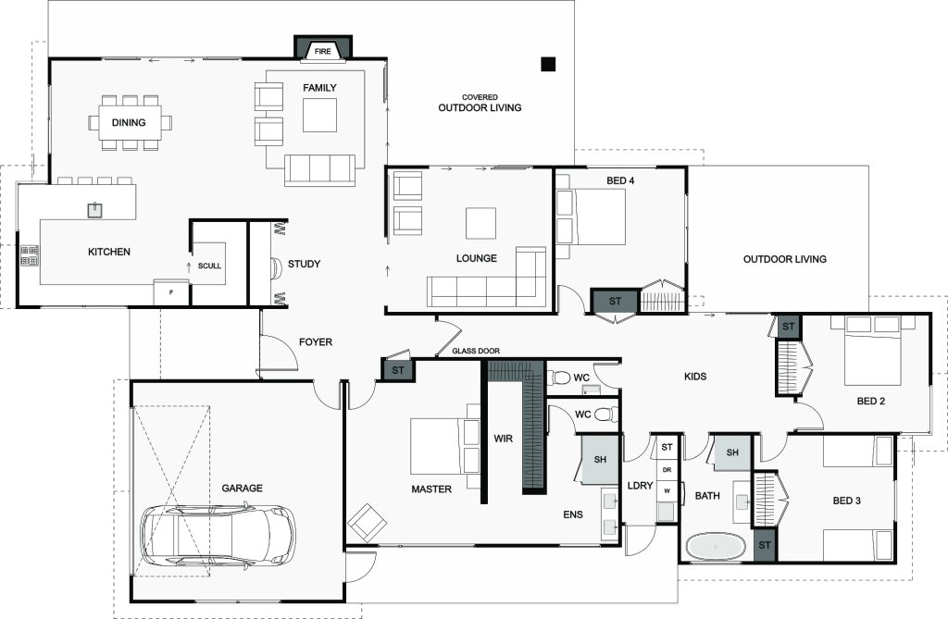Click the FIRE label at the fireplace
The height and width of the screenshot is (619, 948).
coord(323,52)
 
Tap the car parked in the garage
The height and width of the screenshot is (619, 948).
coord(218,536)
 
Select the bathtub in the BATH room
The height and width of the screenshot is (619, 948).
coord(716,547)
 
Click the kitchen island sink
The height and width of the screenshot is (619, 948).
coord(94,210)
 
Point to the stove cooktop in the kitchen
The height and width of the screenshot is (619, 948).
coord(30,255)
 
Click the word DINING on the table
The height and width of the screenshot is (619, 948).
coord(129,122)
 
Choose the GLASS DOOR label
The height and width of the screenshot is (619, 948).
coord(476,351)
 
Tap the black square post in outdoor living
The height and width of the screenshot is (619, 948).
coord(548,64)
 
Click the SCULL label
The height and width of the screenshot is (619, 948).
coord(210,266)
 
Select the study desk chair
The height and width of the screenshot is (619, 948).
coord(276,267)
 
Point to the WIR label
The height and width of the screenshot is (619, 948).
coord(503,439)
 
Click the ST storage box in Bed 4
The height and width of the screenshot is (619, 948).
coord(615,301)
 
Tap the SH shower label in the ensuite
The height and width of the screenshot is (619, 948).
coord(600,460)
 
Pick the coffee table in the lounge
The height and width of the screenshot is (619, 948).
coord(480,223)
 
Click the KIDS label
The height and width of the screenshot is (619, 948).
coord(695,376)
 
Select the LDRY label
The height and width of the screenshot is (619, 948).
coord(641,485)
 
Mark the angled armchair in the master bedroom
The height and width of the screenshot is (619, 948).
coord(367,522)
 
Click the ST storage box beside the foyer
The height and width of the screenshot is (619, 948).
coord(398,370)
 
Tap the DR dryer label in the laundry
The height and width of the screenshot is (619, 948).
coord(667,470)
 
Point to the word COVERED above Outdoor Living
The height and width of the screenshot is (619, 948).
coord(480,97)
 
